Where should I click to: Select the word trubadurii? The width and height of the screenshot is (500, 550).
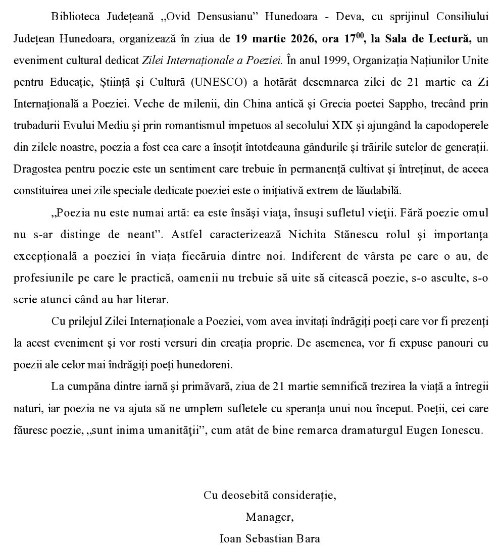click(38, 125)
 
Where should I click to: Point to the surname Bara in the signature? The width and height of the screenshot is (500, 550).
click(308, 538)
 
